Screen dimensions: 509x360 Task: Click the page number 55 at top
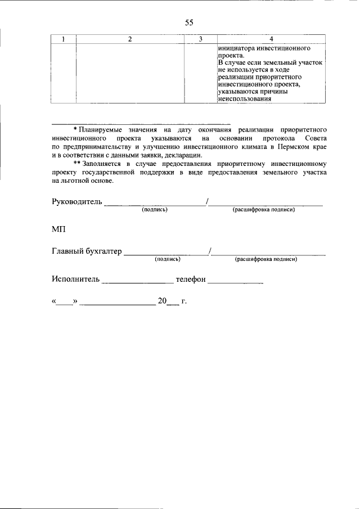point(189,22)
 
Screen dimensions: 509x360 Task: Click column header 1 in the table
point(63,39)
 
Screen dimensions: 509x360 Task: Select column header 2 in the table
point(130,39)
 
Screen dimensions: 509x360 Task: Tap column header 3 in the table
point(201,39)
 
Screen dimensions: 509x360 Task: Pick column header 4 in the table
point(272,39)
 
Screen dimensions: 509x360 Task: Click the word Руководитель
point(77,202)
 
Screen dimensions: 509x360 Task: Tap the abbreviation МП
point(58,229)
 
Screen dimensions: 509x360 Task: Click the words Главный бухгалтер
point(86,252)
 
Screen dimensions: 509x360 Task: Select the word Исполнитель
point(75,279)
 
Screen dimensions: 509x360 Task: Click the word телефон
point(191,279)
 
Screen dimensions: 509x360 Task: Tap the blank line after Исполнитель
point(138,281)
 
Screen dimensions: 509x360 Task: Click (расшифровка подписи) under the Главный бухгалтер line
point(266,259)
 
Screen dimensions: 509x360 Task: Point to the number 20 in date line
point(163,301)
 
